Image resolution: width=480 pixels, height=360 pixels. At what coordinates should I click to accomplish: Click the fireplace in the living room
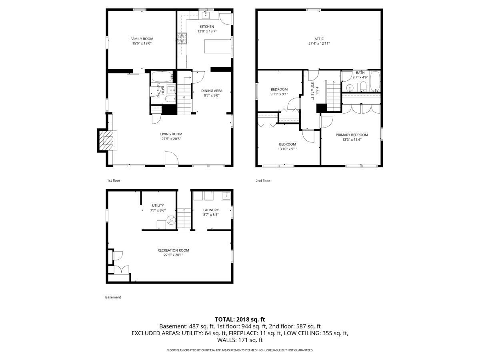106,140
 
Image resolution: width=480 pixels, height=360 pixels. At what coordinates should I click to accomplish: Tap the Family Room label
142,39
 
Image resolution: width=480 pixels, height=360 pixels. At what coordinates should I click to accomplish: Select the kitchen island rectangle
218,46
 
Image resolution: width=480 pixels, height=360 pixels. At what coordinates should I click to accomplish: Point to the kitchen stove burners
182,38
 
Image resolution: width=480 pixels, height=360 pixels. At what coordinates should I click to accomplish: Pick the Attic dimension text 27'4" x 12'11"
319,43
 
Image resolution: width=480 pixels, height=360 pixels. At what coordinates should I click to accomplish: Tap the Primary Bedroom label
352,135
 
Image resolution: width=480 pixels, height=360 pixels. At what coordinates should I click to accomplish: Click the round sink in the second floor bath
350,88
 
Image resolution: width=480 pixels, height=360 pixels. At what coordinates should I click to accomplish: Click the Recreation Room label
173,250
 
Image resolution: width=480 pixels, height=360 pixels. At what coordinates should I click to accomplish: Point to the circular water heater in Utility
171,220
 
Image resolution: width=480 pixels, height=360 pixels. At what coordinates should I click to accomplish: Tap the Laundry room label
211,210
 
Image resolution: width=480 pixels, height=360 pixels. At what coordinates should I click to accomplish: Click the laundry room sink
226,196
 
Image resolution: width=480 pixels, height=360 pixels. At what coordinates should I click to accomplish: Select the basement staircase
184,219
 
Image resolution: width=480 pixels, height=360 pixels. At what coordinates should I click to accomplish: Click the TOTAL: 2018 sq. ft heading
240,320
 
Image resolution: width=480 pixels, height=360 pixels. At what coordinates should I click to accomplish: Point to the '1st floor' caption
114,180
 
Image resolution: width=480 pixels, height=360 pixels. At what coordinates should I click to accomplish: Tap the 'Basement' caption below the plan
113,297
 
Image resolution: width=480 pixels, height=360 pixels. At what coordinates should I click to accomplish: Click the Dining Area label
212,91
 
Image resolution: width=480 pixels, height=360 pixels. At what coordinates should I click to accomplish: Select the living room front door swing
172,159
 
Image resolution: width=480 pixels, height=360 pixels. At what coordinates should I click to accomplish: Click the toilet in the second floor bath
363,86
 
